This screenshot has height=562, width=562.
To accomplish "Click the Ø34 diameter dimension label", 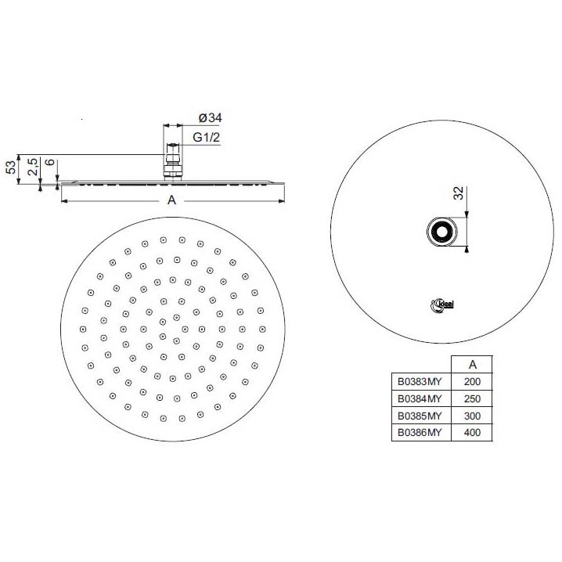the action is pyautogui.click(x=210, y=118).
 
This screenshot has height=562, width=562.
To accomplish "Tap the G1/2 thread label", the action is pyautogui.click(x=206, y=137).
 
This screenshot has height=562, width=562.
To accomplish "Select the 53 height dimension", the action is pyautogui.click(x=11, y=167).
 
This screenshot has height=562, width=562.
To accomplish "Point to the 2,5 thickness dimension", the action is pyautogui.click(x=33, y=167).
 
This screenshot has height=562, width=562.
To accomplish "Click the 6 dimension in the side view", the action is pyautogui.click(x=51, y=162).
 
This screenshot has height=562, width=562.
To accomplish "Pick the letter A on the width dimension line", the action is pyautogui.click(x=171, y=200).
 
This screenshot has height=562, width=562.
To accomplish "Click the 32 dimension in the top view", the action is pyautogui.click(x=459, y=193).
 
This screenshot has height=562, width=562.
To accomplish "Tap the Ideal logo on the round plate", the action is pyautogui.click(x=442, y=305).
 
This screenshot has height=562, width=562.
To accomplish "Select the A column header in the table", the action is pyautogui.click(x=473, y=365).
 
